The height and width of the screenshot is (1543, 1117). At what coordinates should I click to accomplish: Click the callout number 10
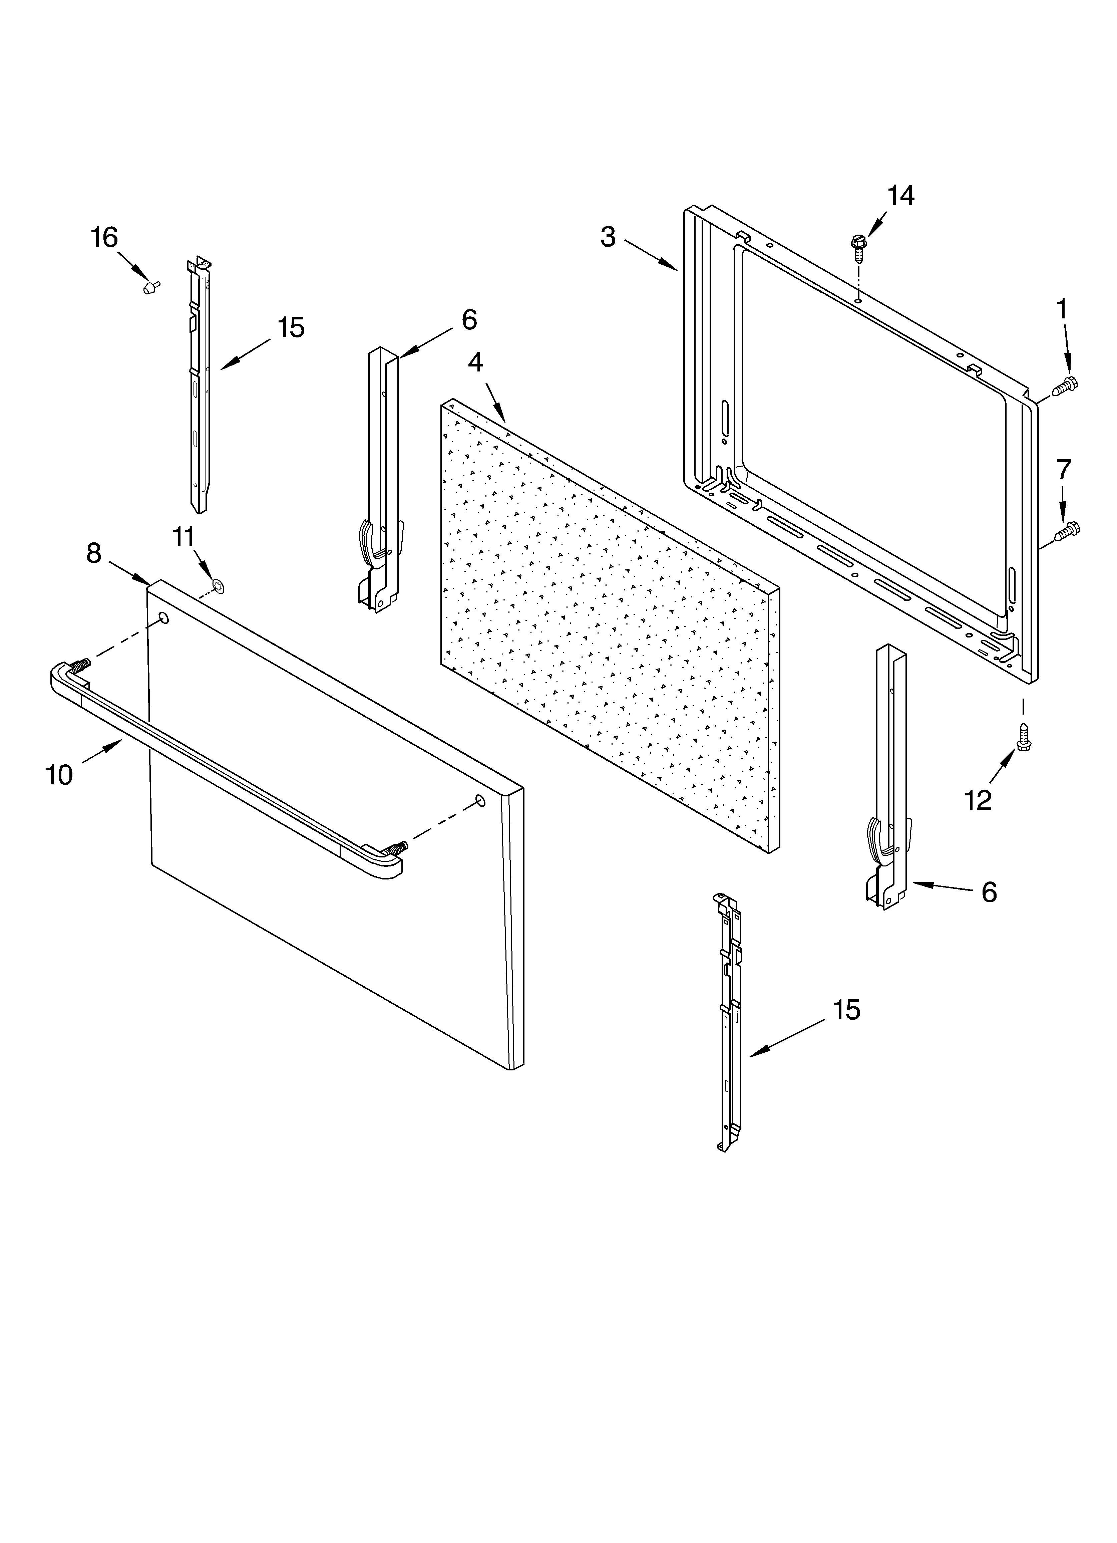coord(59,775)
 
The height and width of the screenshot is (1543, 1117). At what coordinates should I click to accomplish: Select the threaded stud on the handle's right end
coord(396,848)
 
